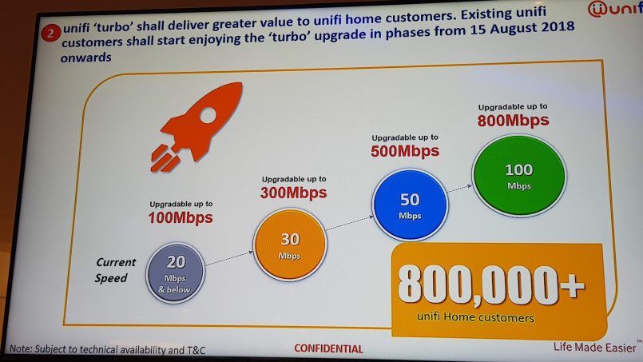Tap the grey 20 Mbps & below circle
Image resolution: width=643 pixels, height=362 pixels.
[175, 273]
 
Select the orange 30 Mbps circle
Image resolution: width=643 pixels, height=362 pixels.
[290, 245]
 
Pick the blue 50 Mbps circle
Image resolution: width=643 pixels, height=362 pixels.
[410, 205]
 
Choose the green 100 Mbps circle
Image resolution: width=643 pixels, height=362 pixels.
[519, 176]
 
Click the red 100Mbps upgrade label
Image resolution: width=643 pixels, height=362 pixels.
[181, 217]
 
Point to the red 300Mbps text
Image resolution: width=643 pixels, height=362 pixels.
[294, 193]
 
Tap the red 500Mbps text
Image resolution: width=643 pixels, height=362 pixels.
[405, 151]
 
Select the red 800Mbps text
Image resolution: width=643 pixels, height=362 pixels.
[513, 120]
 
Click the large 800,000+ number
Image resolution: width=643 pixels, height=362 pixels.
[491, 285]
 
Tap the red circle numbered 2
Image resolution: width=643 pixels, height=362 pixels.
[51, 33]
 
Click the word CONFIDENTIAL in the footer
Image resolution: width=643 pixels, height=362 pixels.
[328, 349]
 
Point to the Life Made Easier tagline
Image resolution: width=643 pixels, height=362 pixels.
[594, 348]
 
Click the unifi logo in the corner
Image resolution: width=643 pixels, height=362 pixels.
[615, 9]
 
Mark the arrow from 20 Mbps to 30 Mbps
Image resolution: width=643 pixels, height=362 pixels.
[228, 259]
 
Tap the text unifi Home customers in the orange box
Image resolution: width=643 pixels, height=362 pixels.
[475, 317]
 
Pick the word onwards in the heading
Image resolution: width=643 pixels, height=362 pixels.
[85, 58]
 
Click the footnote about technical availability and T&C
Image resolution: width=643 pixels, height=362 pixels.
[108, 349]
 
